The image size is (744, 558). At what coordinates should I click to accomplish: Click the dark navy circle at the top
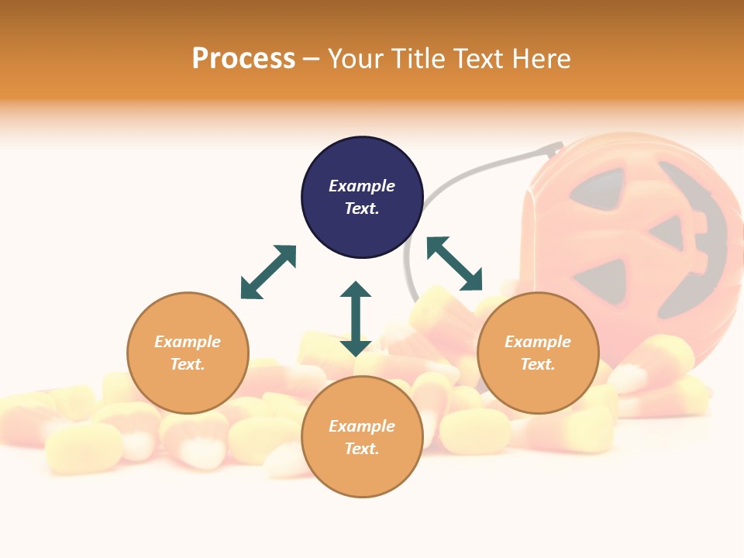tap(362, 198)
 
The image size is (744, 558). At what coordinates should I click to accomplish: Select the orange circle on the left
tap(188, 353)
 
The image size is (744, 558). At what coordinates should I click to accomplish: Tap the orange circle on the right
tap(538, 353)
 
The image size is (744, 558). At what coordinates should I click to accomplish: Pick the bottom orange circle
tap(362, 437)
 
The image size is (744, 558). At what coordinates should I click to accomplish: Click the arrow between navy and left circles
tap(268, 272)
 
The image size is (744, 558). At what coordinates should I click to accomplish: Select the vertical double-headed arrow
tap(356, 319)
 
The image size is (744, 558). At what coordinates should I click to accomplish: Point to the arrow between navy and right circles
tap(455, 263)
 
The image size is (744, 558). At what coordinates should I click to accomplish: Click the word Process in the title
tap(243, 58)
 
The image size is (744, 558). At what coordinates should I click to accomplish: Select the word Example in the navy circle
tap(362, 186)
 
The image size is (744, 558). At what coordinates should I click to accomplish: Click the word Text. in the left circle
tap(188, 364)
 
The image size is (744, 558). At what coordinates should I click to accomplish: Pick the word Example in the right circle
tap(538, 342)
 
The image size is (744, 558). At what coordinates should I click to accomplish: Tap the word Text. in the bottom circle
tap(362, 449)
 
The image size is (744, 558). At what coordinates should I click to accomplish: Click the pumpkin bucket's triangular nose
tap(668, 232)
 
